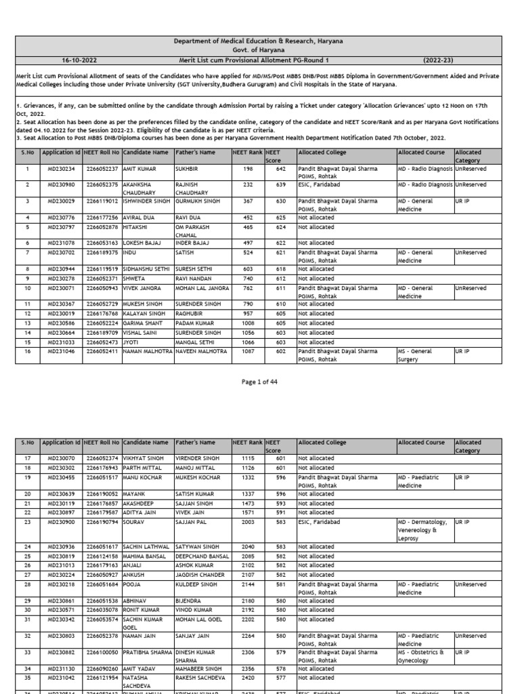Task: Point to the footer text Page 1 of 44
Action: coord(259,382)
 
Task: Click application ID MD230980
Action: coord(62,184)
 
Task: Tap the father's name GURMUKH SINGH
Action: coord(198,201)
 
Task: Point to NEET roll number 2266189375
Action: coord(102,252)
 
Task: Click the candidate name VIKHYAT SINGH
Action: coord(144,459)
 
